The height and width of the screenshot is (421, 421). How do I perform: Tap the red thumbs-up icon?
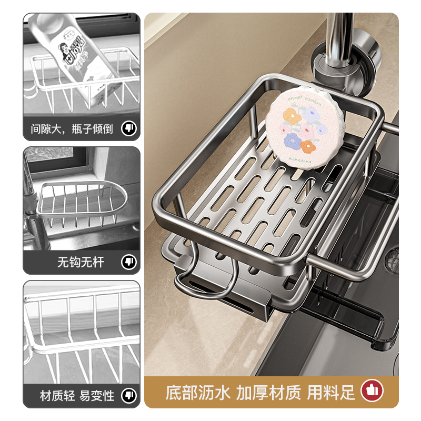click(x=372, y=390)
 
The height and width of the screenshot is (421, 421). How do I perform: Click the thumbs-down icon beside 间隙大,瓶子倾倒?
click(x=128, y=128)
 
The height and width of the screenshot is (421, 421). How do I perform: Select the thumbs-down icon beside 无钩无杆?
click(x=128, y=262)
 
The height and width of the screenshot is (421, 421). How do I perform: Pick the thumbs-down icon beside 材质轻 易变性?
click(x=128, y=395)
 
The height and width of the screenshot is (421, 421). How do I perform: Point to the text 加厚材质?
click(x=268, y=392)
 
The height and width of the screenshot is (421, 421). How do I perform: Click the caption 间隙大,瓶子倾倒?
click(x=72, y=128)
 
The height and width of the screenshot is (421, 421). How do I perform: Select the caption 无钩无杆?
click(x=78, y=262)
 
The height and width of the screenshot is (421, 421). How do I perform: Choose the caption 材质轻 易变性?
click(x=77, y=395)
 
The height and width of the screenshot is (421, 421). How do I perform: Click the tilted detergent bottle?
click(x=79, y=53)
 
